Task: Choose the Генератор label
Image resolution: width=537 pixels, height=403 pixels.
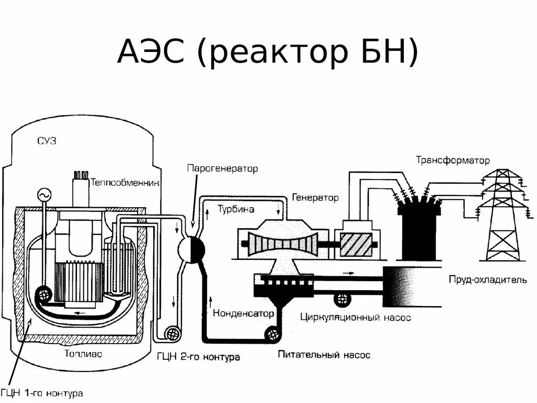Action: coord(315,198)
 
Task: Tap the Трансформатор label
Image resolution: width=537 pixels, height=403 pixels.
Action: coord(453,160)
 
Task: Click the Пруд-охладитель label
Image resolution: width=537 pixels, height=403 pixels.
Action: coord(487,280)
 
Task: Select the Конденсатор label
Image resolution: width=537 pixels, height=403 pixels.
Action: coord(243,313)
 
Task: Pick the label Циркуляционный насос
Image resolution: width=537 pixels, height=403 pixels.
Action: coord(356,317)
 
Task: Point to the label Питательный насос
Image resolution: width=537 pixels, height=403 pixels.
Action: coord(324,355)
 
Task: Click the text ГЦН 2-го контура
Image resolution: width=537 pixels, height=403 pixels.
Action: coord(198,357)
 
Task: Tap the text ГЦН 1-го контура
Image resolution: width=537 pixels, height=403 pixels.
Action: coord(42,393)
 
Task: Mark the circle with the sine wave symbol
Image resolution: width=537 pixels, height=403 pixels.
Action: coord(43,196)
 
